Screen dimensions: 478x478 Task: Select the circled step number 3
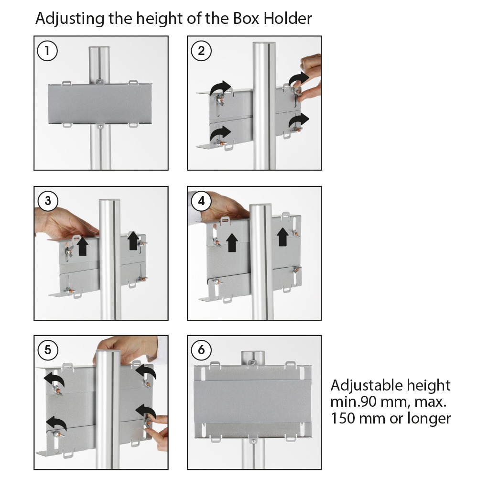(x=47, y=201)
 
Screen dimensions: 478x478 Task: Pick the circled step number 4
(x=201, y=201)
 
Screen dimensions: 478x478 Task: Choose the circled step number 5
(x=47, y=350)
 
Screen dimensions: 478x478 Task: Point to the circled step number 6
(x=201, y=350)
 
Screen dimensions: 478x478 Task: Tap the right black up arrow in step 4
(x=283, y=237)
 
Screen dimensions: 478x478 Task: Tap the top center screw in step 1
(x=100, y=82)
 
